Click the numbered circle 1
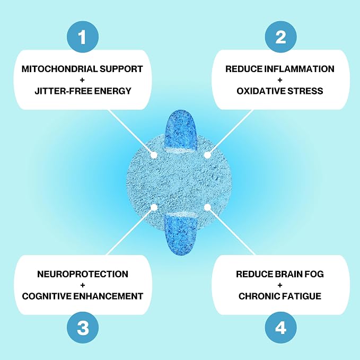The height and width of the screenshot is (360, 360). pos(83,37)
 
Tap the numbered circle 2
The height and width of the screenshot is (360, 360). pos(280,37)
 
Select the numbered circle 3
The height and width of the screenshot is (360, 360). pos(83,328)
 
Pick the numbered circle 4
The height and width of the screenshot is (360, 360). pos(280,328)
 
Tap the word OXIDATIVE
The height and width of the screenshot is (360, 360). pos(261,91)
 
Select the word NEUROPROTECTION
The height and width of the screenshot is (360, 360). pos(83,274)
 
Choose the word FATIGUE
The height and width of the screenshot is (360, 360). pos(301,296)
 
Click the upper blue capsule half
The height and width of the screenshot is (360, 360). pos(181,131)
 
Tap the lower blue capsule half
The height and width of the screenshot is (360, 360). pos(181,234)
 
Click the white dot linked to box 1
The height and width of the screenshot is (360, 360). pos(154,155)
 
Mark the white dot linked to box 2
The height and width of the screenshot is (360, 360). pos(207,155)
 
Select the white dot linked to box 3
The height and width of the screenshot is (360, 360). pos(154,207)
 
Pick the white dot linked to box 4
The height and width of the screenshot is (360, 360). pos(207,207)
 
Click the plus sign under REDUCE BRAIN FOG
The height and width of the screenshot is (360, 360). pos(280,285)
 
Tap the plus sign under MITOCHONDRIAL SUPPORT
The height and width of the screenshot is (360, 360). pos(82,80)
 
